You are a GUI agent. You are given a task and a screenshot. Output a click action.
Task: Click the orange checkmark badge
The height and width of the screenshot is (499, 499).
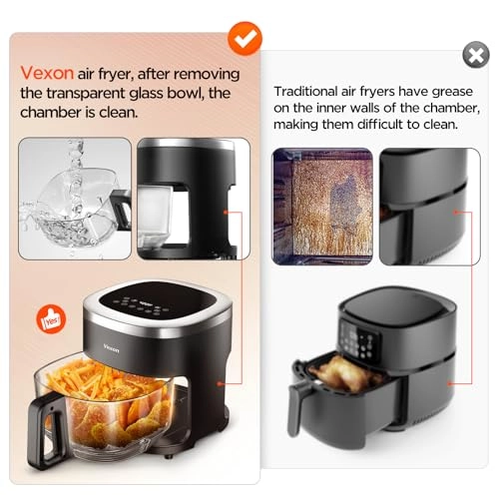tap(245, 38)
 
